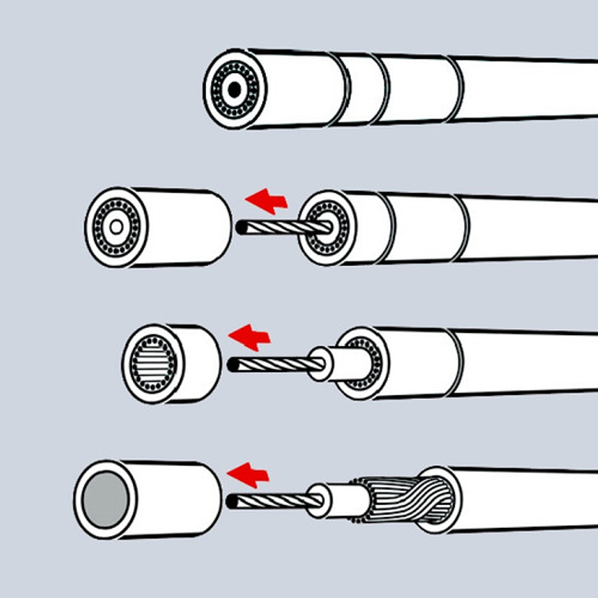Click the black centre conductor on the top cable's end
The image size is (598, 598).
pyautogui.click(x=234, y=90)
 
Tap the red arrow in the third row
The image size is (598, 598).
pyautogui.click(x=249, y=337)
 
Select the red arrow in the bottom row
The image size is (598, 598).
pyautogui.click(x=248, y=474)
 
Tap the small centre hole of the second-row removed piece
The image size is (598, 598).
pyautogui.click(x=116, y=227)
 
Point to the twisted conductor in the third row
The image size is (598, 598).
pyautogui.click(x=271, y=364)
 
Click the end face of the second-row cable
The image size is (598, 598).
pyautogui.click(x=323, y=227)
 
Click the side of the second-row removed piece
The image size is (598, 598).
pyautogui.click(x=185, y=226)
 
